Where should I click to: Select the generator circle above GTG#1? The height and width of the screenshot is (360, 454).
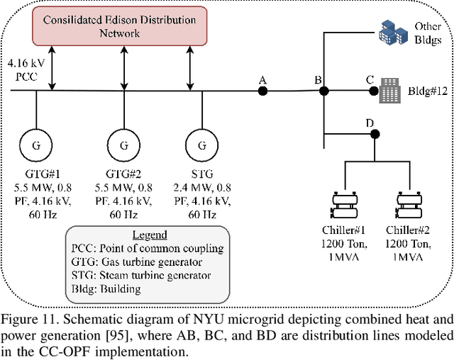coord(35,146)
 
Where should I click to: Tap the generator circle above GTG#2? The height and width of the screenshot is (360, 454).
coord(123,146)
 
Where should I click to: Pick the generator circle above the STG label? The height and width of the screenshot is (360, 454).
coord(202,146)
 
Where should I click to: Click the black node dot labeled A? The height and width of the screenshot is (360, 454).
coord(262,91)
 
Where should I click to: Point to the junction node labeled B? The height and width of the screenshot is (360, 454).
coord(323,91)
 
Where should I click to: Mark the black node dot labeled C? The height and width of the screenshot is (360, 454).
coord(370,91)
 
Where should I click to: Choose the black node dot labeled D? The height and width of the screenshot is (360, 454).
coord(375,134)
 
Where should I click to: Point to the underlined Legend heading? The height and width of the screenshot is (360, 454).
coord(150,235)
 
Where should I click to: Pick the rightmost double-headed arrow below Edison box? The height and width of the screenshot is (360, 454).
coord(190,70)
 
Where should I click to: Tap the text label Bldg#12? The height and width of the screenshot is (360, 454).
coord(428,91)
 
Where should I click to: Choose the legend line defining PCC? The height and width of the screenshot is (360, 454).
coord(148,248)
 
